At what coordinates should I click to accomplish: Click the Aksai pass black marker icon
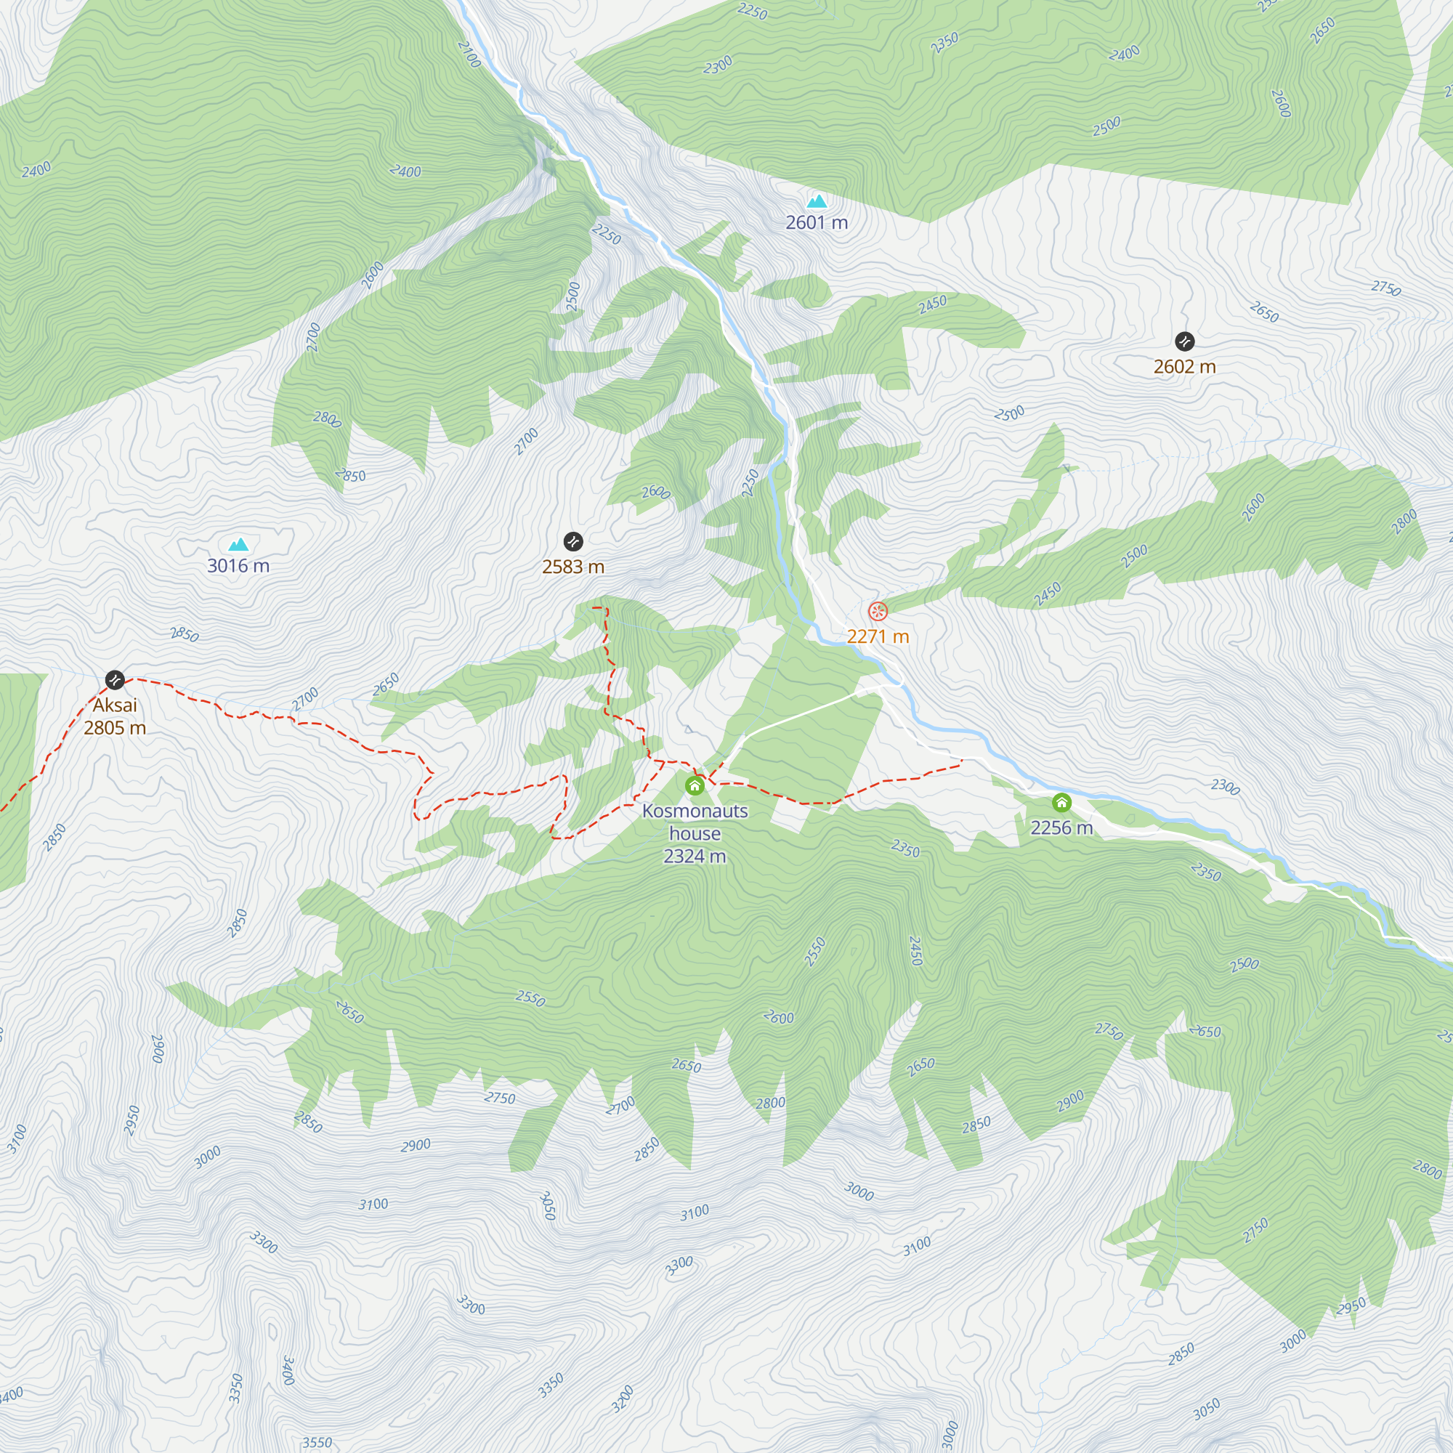114,680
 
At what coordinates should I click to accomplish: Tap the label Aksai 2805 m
114,716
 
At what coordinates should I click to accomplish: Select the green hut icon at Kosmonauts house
694,787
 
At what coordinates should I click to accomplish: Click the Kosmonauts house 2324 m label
694,833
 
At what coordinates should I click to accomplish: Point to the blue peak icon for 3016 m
238,543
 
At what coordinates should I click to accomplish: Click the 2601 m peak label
817,222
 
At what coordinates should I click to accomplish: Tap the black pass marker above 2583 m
573,541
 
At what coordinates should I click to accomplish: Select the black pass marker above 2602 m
1184,341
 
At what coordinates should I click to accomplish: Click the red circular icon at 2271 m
878,611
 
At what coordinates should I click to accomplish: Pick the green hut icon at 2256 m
1061,803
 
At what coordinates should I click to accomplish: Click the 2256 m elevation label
1061,828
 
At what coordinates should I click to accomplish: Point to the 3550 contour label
317,1443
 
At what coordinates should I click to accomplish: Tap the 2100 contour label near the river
469,54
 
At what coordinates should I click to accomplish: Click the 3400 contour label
287,1370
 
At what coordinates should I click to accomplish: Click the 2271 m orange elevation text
878,636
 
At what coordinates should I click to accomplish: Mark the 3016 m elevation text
238,565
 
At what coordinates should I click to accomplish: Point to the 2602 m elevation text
1184,367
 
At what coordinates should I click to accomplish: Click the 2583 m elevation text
573,567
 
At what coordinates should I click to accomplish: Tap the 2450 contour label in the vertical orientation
915,950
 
